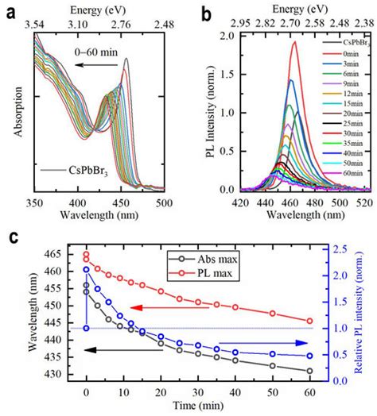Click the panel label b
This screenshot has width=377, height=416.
tap(206, 11)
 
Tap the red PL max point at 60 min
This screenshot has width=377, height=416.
tap(309, 321)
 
